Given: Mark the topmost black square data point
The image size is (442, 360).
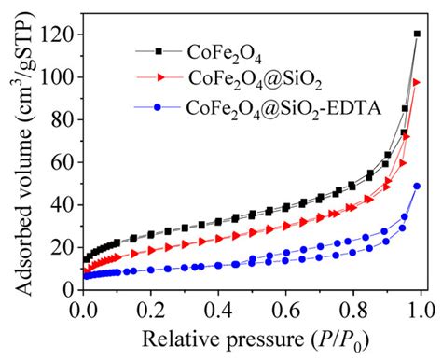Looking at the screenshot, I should click(x=417, y=35).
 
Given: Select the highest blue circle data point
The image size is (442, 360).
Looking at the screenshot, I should click(x=417, y=186).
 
